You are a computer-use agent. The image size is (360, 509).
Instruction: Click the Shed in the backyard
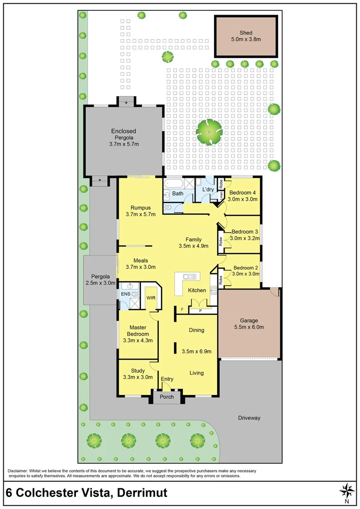click(x=245, y=36)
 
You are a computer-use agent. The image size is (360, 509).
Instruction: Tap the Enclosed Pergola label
click(x=123, y=131)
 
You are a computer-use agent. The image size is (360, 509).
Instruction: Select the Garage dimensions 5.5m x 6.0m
click(x=249, y=327)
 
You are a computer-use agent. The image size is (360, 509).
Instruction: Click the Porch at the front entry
click(x=167, y=397)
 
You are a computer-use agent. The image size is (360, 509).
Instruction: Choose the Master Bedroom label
click(x=138, y=330)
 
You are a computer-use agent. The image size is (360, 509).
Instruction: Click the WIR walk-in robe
click(x=151, y=298)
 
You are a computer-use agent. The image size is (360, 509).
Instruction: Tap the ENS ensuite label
click(x=125, y=294)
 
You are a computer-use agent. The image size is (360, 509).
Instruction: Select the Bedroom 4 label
click(x=243, y=192)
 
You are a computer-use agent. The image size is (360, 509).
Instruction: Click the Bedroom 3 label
click(x=245, y=231)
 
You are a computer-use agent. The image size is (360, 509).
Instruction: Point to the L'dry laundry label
click(x=208, y=189)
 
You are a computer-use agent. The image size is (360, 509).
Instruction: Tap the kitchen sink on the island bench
click(x=189, y=277)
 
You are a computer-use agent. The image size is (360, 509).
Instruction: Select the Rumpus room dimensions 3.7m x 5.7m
click(x=140, y=214)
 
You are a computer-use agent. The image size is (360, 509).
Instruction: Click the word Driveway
click(x=249, y=418)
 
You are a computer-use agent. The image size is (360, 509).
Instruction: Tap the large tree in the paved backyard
click(x=209, y=131)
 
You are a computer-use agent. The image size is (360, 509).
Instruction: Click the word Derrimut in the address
click(x=139, y=493)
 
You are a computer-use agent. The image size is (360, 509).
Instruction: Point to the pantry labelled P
click(x=201, y=311)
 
